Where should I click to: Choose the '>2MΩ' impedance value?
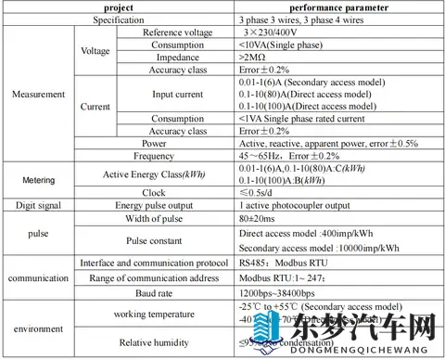[x=254, y=57]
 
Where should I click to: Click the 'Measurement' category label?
[x=37, y=94]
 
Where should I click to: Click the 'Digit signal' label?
[x=37, y=205]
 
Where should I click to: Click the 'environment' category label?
[x=37, y=329]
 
